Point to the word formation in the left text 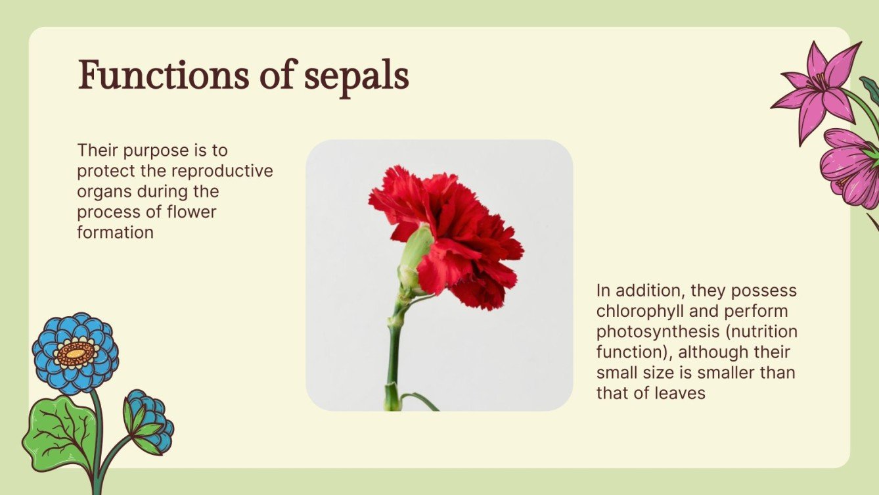pos(115,232)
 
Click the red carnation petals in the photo pos(460,237)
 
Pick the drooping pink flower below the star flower pos(850,168)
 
